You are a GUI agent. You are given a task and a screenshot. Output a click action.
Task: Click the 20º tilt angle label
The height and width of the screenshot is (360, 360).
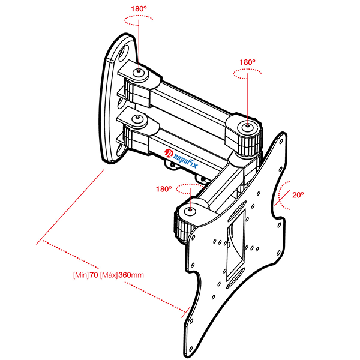(298, 194)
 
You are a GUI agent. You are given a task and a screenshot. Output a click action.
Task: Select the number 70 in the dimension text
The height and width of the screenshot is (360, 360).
(94, 275)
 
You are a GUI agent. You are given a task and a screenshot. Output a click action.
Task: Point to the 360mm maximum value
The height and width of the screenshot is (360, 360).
(131, 275)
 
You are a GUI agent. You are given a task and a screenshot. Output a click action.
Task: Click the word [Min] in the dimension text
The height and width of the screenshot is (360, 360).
(80, 275)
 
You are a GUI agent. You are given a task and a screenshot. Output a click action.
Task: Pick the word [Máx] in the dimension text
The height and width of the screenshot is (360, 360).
(108, 275)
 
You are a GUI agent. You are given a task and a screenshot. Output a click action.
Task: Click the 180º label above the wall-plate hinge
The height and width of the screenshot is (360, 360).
(139, 9)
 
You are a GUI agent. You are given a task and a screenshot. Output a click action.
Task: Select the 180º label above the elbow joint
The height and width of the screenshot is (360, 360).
(247, 62)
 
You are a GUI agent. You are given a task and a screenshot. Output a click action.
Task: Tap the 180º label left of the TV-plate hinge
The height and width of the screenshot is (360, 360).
(164, 188)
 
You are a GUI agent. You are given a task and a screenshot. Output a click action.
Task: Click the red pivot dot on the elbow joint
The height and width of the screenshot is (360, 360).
(247, 126)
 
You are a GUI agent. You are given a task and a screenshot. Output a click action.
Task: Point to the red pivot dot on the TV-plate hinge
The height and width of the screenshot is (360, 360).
(190, 210)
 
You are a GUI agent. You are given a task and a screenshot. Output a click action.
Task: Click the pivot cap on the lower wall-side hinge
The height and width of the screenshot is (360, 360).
(139, 119)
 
